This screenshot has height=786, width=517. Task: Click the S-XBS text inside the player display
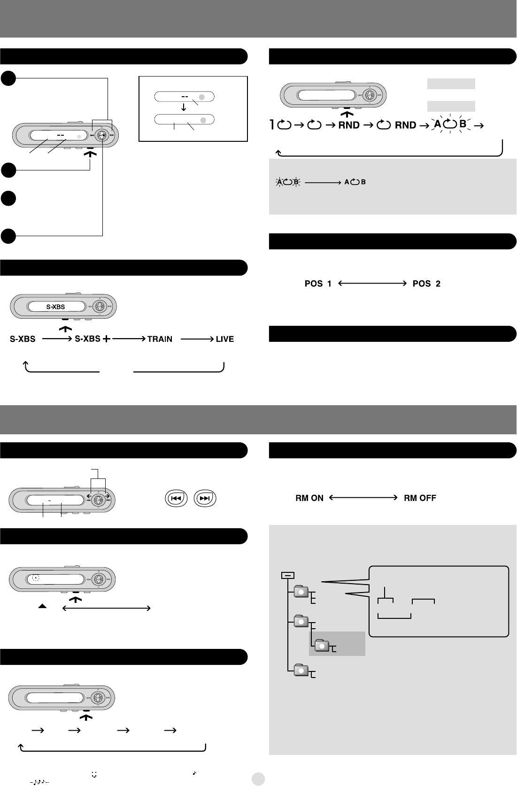(x=55, y=307)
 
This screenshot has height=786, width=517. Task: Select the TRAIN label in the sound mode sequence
(x=160, y=339)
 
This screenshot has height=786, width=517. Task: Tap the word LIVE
(x=225, y=339)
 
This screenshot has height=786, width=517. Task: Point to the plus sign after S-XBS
(x=107, y=339)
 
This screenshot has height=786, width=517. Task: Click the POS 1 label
(x=318, y=284)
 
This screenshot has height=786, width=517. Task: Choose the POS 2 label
(x=426, y=284)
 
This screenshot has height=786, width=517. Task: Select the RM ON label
(x=309, y=498)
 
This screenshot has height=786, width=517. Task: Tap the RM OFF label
(x=420, y=498)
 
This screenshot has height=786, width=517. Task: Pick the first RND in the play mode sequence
(x=349, y=125)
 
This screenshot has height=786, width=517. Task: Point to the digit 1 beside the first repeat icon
(x=272, y=125)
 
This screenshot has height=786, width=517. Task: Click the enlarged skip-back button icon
(x=176, y=499)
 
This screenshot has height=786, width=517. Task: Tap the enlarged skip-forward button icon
(x=204, y=499)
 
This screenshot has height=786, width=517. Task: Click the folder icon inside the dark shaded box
(x=322, y=646)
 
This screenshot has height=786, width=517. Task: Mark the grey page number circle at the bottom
(x=258, y=778)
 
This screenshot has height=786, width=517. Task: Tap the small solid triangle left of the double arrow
(x=42, y=607)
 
